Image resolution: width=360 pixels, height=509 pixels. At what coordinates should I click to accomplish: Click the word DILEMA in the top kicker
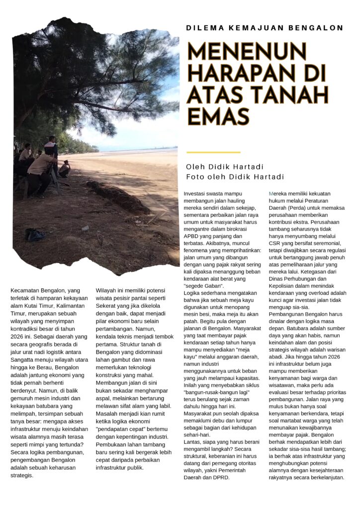(203, 28)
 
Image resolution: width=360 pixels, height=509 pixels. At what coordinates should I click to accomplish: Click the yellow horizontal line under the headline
(213, 152)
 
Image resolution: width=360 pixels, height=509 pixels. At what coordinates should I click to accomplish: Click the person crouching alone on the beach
(64, 170)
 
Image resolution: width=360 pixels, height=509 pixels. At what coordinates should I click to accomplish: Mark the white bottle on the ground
(85, 228)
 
